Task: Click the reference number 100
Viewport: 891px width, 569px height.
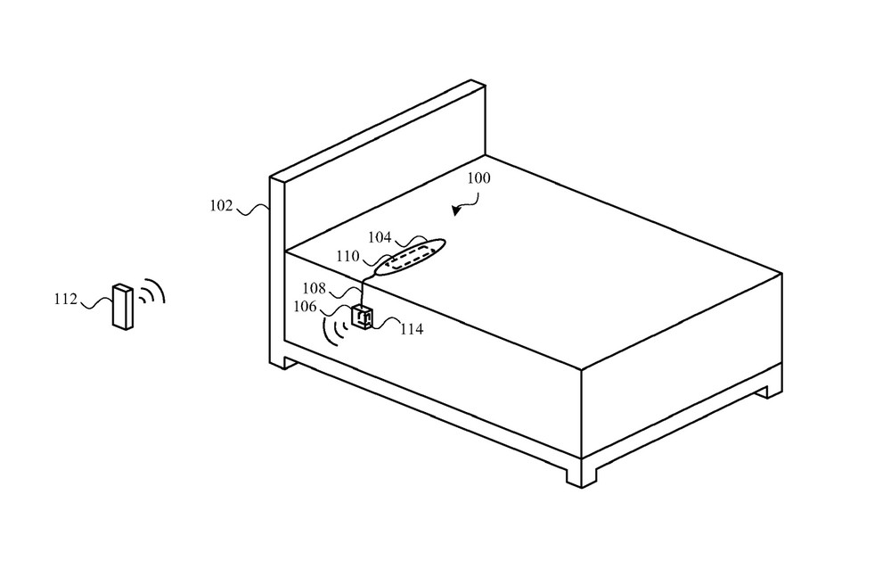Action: pos(478,178)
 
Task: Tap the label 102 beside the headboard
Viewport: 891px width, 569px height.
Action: pos(222,205)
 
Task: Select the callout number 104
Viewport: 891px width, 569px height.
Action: pos(380,236)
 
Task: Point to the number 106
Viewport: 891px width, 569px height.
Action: pos(305,307)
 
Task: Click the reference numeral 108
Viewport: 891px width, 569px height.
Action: pos(314,288)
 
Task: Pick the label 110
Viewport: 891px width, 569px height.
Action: pos(347,257)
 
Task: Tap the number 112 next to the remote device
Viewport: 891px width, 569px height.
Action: pos(65,299)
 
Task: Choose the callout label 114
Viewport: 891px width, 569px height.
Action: pos(412,329)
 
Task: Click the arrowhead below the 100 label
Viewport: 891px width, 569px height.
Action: pos(455,210)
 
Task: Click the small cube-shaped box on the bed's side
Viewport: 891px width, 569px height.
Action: pos(362,317)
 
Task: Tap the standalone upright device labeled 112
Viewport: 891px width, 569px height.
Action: pos(123,306)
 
